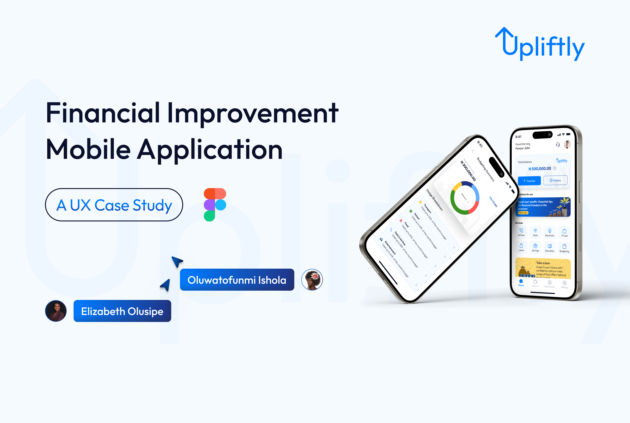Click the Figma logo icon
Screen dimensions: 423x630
[215, 205]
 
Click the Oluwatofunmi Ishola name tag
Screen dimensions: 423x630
[237, 280]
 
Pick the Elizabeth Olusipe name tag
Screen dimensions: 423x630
[122, 311]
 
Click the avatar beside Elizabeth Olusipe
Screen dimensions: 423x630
[56, 311]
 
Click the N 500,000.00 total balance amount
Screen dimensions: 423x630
[540, 169]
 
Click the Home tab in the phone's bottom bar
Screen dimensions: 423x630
[521, 282]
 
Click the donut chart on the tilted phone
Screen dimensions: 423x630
[465, 198]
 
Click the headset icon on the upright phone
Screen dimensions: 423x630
[558, 145]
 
